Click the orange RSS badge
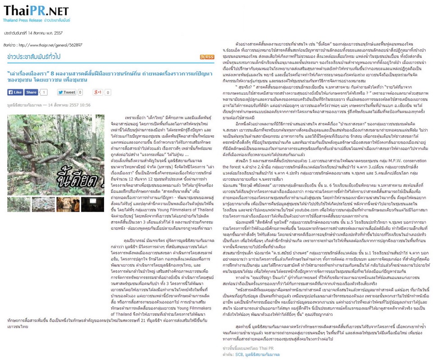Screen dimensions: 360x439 tap(208, 57)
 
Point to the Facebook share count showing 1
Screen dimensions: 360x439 tap(44, 92)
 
